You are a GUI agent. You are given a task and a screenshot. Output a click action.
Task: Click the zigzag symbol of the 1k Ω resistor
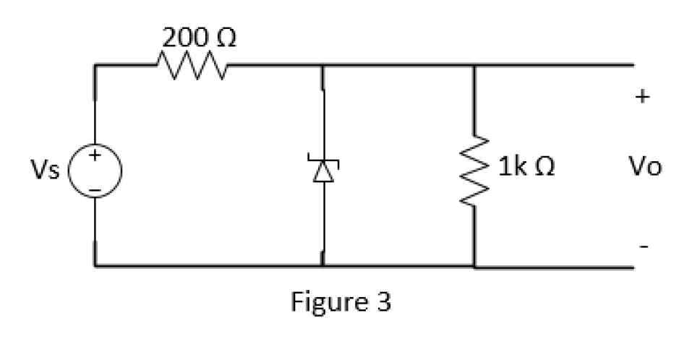474,170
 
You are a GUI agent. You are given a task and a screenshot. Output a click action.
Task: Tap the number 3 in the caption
382,301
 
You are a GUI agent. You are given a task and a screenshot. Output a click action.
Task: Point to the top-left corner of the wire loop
95,66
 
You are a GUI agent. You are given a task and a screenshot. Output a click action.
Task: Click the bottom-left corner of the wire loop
95,266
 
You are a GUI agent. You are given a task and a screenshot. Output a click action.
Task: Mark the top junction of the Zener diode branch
322,66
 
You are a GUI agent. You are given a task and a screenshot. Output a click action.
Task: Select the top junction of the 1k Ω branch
474,66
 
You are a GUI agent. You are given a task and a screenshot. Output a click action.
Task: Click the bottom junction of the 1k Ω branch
474,266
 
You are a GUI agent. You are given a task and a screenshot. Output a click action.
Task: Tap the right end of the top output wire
633,66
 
